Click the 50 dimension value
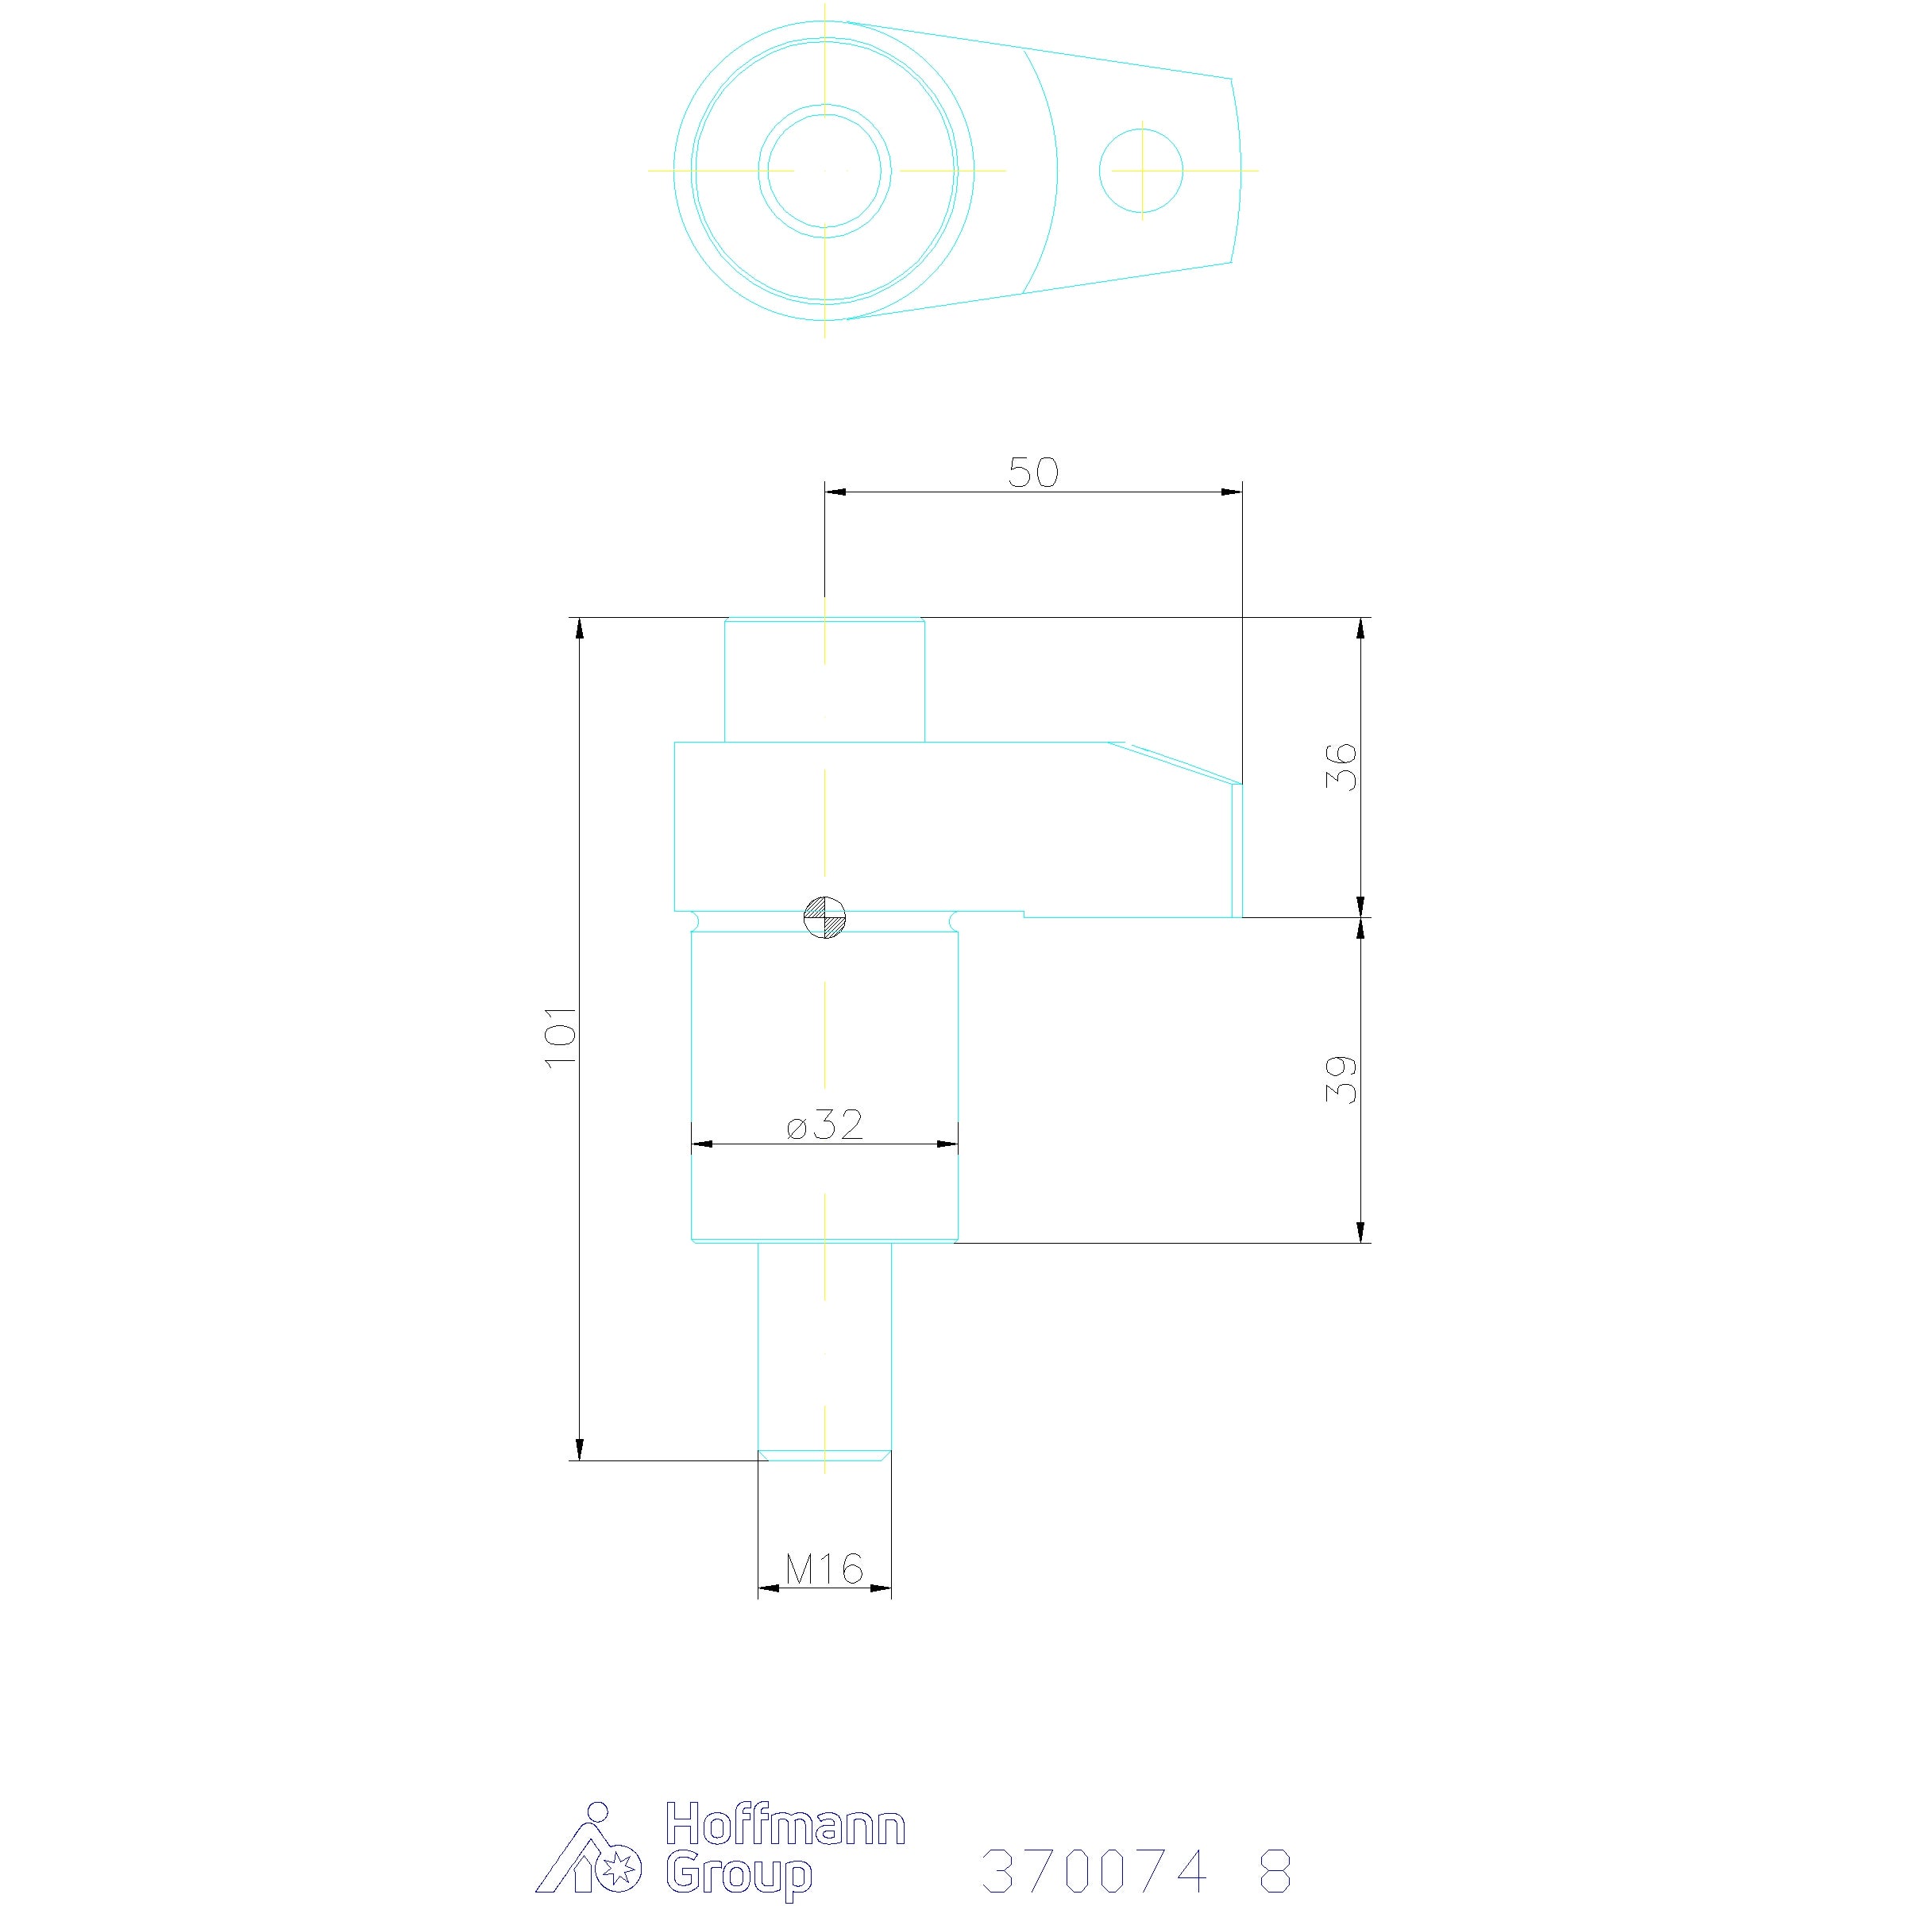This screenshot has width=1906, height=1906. click(1033, 473)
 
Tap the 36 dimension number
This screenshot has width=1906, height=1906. click(1341, 766)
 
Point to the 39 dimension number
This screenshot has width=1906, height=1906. click(1341, 1079)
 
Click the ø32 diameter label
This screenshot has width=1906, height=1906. click(825, 1124)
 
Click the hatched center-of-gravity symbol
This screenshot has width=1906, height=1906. click(825, 917)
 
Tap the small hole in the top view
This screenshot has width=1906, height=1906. click(1141, 170)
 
